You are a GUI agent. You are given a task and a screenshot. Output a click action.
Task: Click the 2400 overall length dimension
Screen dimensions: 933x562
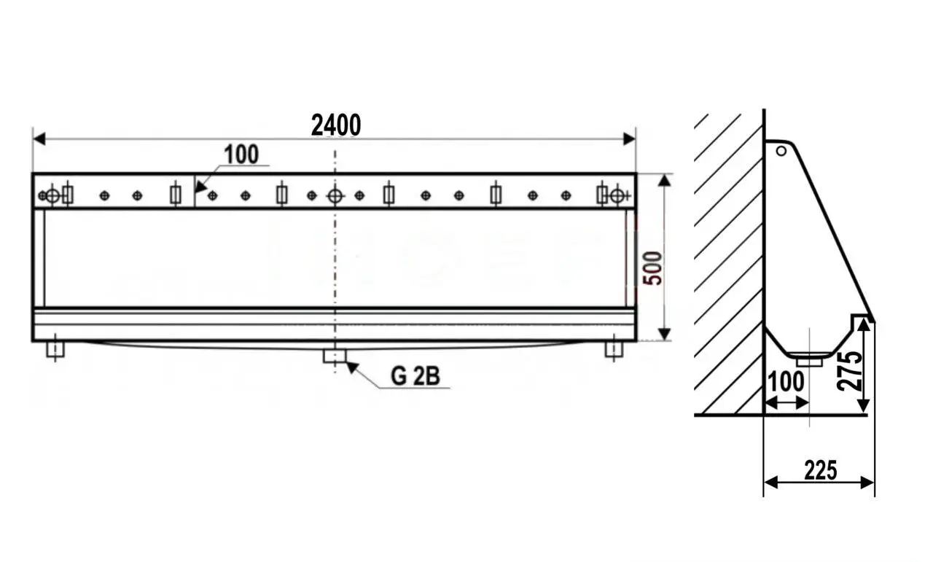[x=336, y=125]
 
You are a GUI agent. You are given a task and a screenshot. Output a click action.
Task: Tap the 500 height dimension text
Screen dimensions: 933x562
[x=652, y=268]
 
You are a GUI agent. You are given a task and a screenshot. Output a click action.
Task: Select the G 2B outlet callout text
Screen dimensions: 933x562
[x=415, y=376]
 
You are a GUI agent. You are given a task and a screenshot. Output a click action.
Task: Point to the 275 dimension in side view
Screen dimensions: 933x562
[x=849, y=371]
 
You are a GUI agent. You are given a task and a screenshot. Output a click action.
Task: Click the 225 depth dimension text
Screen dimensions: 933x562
[x=821, y=470]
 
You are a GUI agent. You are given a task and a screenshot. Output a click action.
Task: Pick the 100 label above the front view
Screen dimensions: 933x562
[x=241, y=154]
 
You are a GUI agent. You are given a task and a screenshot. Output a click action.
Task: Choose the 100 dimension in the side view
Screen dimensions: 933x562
[x=786, y=382]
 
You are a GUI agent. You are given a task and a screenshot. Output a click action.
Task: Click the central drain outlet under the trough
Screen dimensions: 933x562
[x=335, y=356]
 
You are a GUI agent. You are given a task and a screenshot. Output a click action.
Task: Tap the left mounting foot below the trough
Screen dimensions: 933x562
[x=55, y=349]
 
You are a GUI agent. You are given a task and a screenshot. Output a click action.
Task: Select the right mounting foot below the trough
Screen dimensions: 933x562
[x=614, y=349]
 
